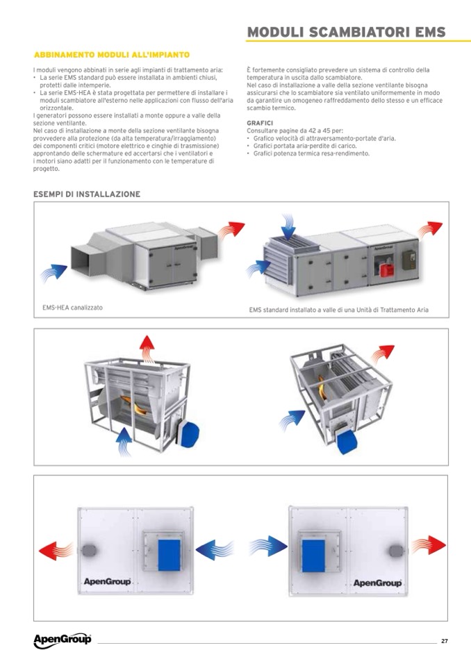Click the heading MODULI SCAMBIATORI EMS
[346, 32]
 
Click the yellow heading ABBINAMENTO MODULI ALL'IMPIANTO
[112, 54]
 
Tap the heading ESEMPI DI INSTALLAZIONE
[87, 194]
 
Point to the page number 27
[444, 641]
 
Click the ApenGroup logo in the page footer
[62, 640]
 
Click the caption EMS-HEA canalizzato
[73, 307]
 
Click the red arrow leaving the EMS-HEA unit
[233, 230]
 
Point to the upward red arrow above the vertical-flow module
[147, 346]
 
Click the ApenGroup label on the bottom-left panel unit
[107, 581]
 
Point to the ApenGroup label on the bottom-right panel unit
[378, 583]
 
